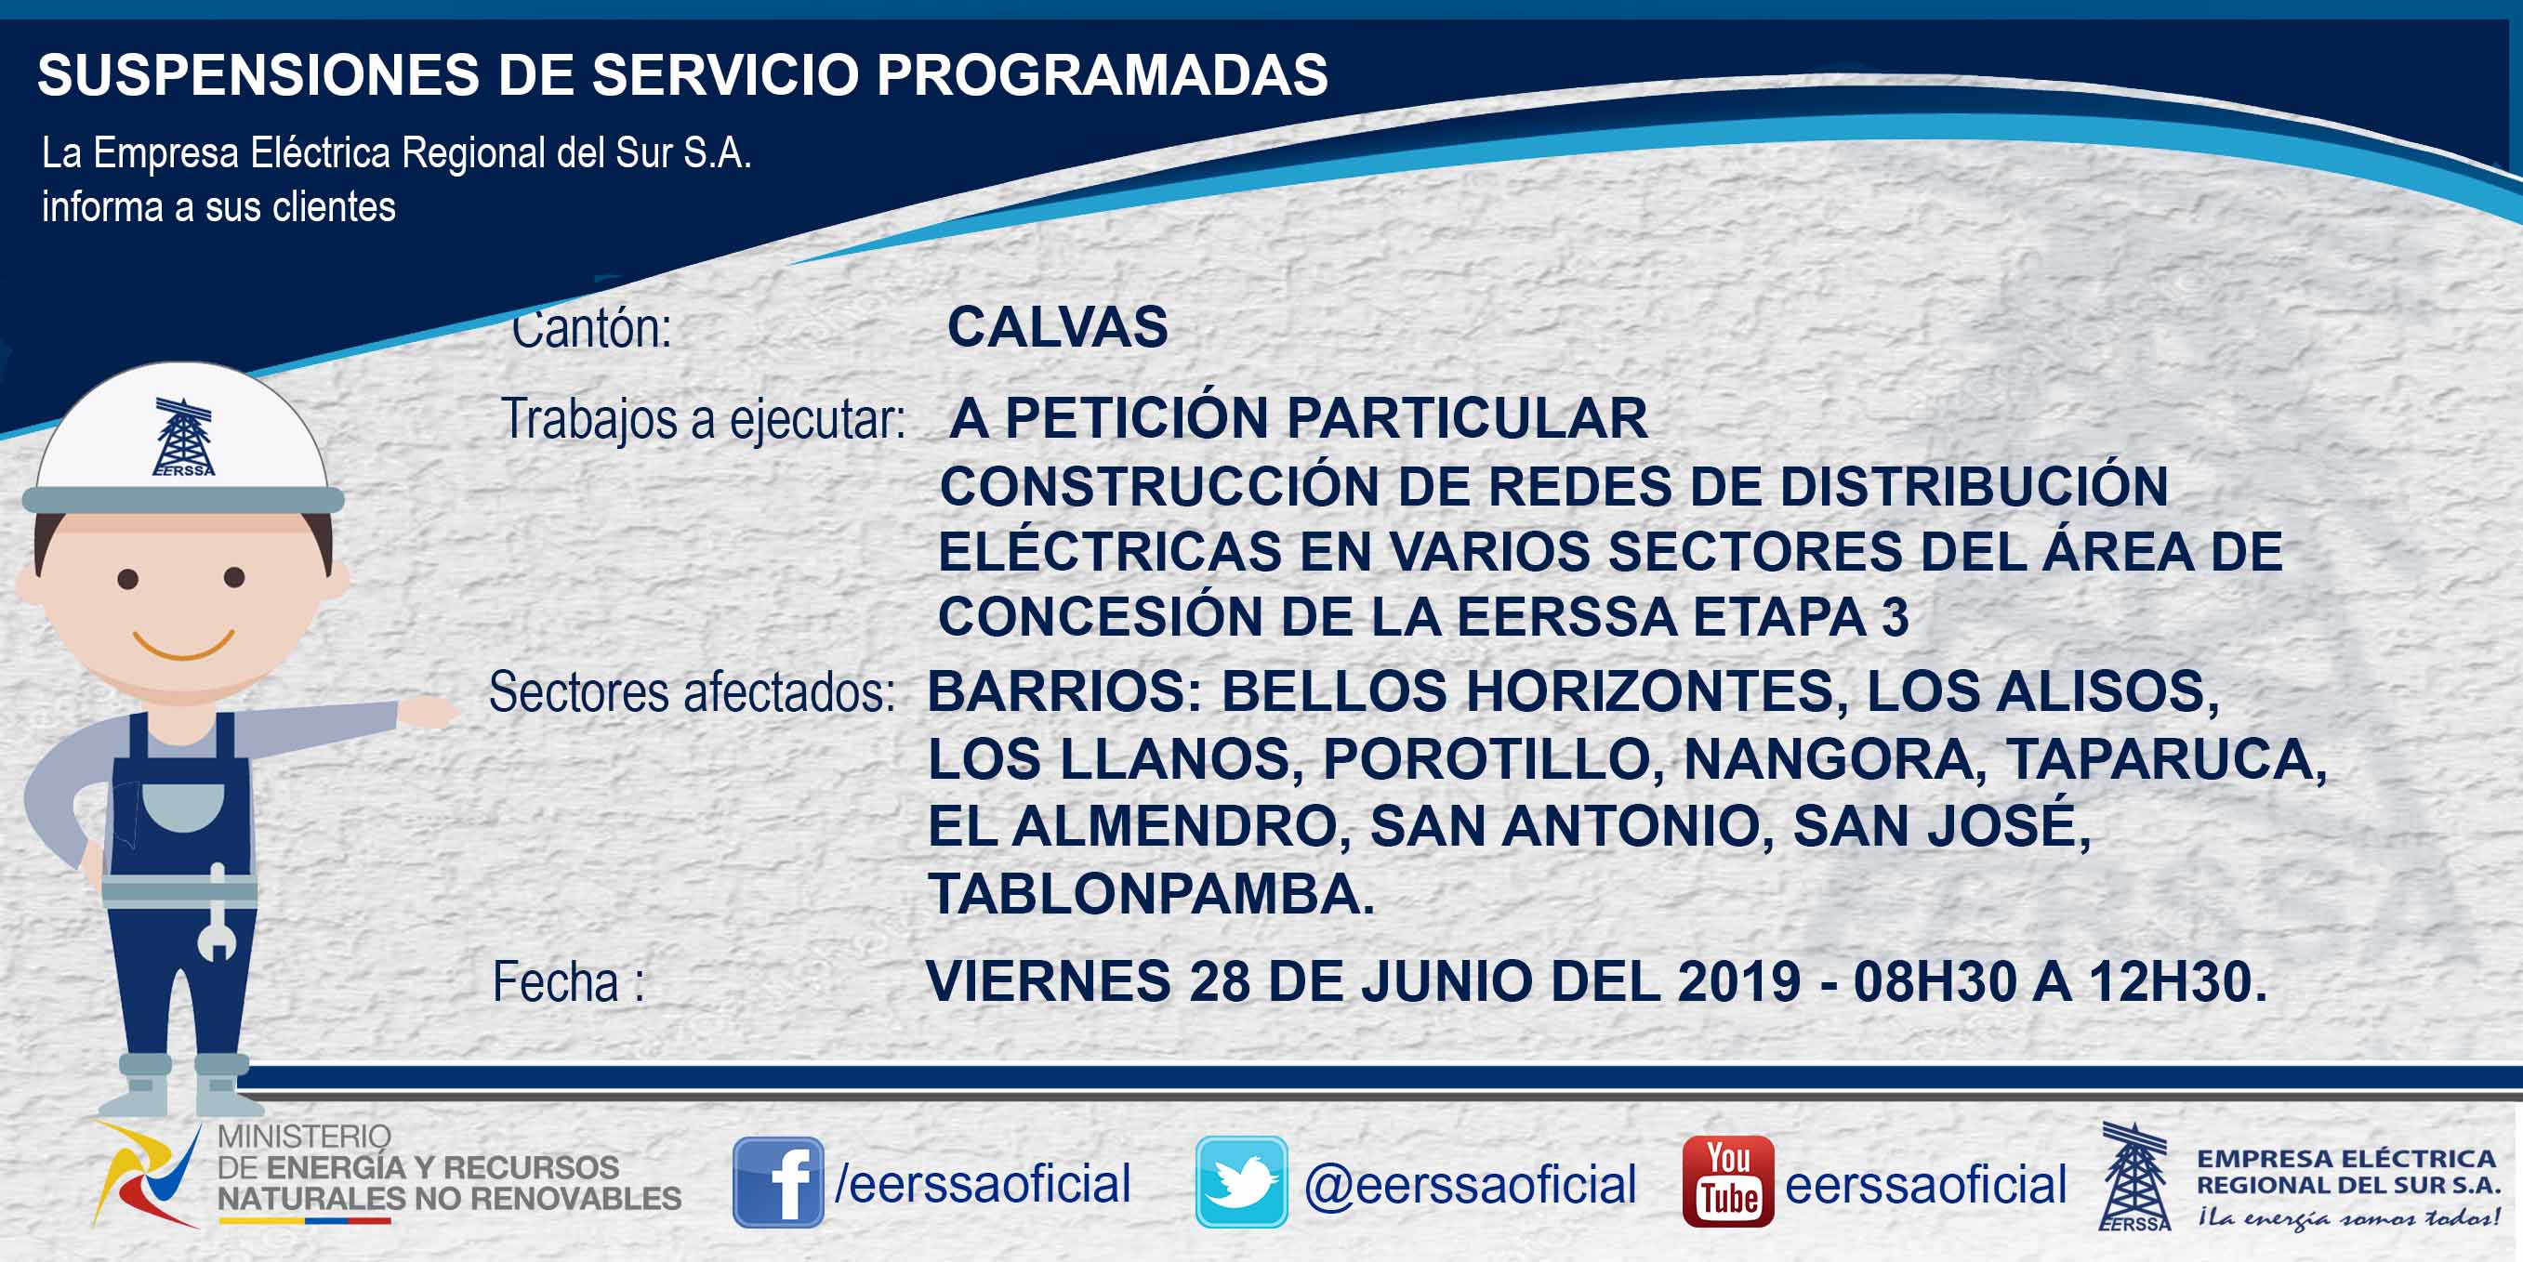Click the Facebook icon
point(778,1182)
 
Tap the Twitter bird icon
point(1241,1182)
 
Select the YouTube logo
point(1727,1182)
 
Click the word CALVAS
point(1058,326)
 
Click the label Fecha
point(555,982)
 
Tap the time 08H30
point(1935,981)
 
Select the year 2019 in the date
point(1739,981)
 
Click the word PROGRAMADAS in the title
point(1102,74)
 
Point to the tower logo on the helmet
point(183,437)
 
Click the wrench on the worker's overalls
point(217,913)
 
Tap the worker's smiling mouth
point(184,645)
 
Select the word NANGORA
point(1828,758)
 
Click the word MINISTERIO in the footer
point(304,1137)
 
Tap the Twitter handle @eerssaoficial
point(1470,1184)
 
